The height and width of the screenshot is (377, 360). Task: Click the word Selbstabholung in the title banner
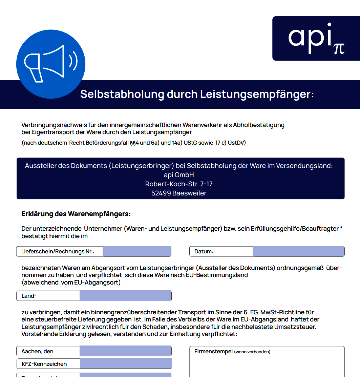point(122,94)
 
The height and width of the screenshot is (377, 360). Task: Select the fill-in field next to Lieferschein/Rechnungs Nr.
point(136,251)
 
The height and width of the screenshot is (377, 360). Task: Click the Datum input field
point(298,251)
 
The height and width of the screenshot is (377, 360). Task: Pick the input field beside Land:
point(125,296)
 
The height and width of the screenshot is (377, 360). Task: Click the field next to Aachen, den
point(125,351)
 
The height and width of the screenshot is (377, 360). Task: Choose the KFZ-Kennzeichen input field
point(125,364)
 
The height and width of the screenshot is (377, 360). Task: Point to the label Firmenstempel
point(213,352)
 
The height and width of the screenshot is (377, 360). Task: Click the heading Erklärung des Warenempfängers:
point(76,214)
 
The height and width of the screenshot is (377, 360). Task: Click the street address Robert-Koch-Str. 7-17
point(179,184)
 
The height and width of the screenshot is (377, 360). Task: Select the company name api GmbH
point(179,175)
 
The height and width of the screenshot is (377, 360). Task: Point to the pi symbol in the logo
point(339,48)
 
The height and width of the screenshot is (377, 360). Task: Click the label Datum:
point(204,252)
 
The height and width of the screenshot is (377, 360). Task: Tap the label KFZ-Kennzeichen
point(44,364)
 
